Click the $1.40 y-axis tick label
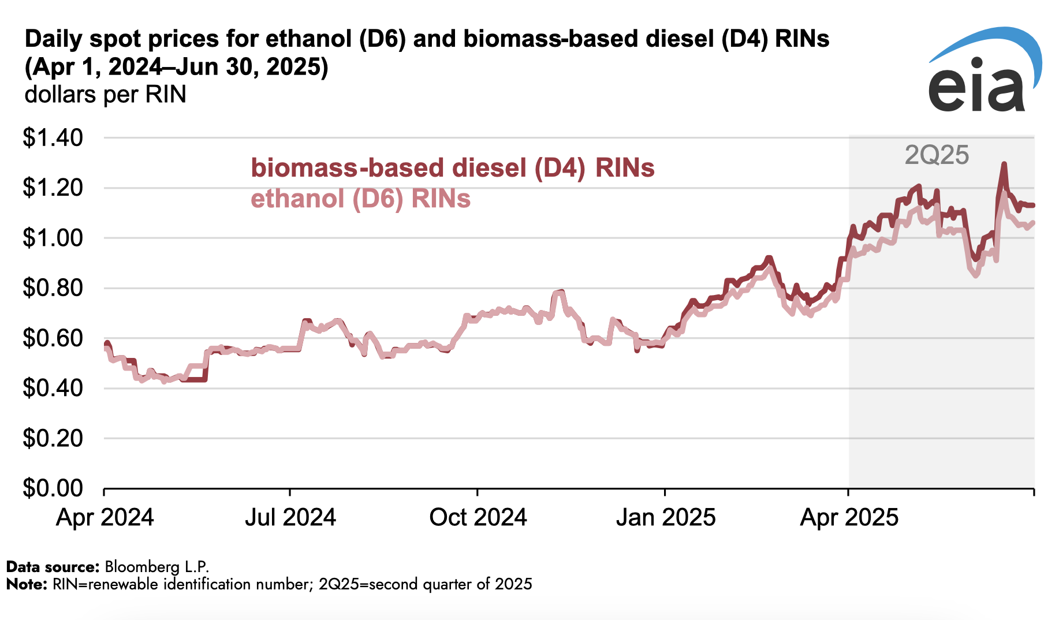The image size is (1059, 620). (53, 138)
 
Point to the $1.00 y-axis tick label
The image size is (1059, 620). (53, 238)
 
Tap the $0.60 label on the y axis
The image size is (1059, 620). (53, 338)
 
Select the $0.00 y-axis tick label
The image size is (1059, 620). (53, 488)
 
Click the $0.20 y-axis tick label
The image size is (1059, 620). (53, 438)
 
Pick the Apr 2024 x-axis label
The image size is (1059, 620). (105, 517)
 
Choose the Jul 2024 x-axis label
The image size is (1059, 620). (290, 517)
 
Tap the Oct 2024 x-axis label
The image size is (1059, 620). (478, 517)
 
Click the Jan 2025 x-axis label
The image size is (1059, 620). (666, 517)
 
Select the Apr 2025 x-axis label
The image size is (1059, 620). (849, 517)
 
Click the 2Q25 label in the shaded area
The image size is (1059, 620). (937, 155)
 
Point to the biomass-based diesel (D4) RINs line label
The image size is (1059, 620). (453, 168)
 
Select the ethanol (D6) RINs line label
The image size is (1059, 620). (361, 199)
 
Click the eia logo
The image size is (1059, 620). (985, 70)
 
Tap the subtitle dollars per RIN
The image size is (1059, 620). (106, 94)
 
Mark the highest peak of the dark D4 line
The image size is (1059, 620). (1004, 164)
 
